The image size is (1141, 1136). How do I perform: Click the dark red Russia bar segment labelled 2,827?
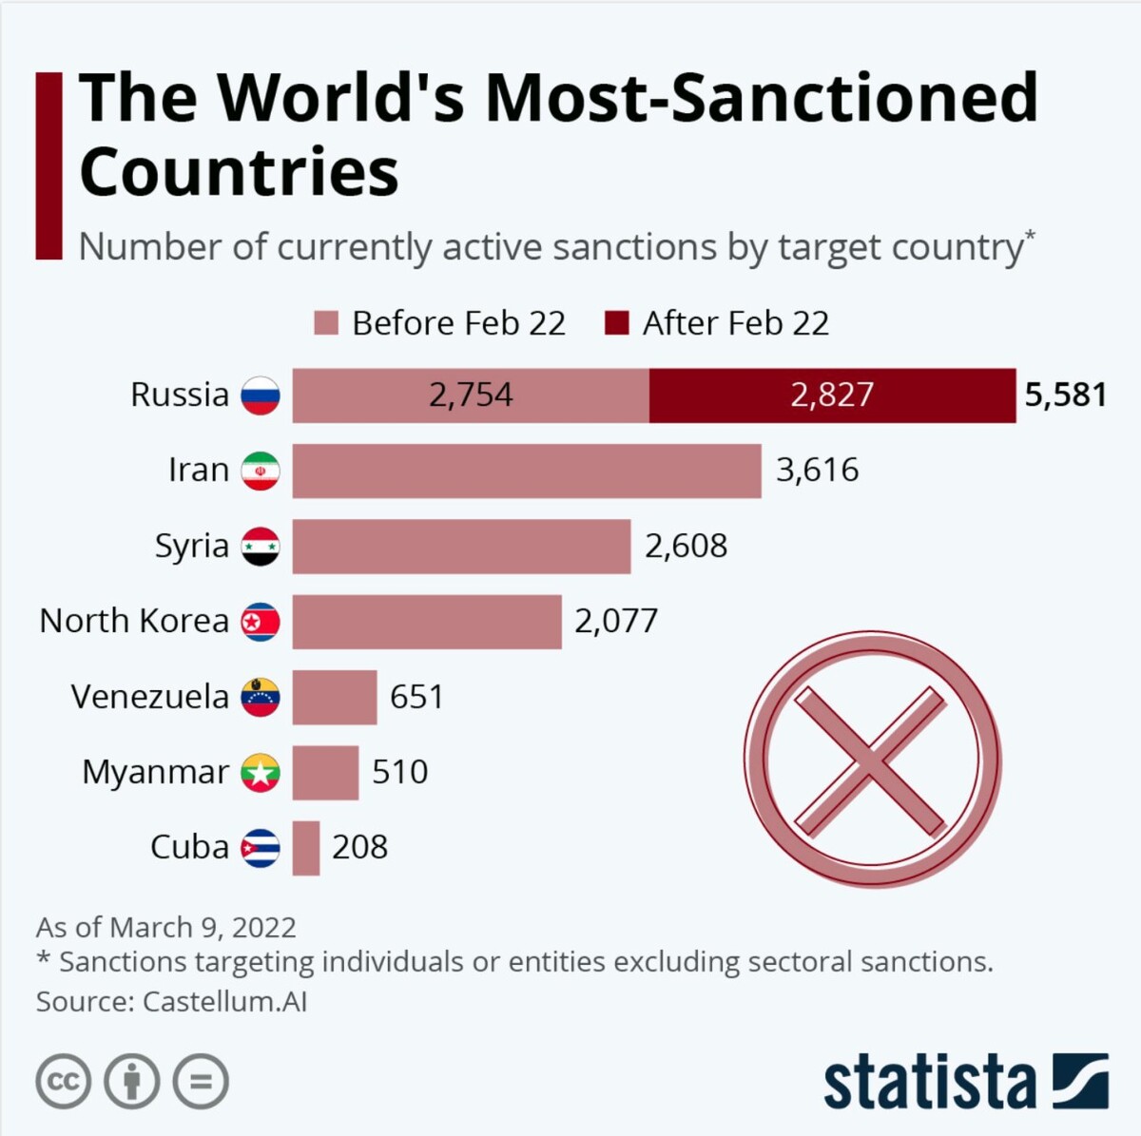pyautogui.click(x=832, y=395)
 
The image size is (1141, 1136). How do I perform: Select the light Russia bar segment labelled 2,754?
pyautogui.click(x=471, y=395)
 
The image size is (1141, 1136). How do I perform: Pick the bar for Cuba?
pyautogui.click(x=305, y=848)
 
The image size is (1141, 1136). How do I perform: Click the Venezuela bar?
pyautogui.click(x=334, y=697)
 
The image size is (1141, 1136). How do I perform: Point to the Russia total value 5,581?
pyautogui.click(x=1065, y=395)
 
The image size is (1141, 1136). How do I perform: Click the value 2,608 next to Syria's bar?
pyautogui.click(x=686, y=546)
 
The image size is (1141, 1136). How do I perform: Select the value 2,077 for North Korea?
pyautogui.click(x=615, y=622)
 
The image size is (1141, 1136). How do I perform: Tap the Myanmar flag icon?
pyautogui.click(x=260, y=773)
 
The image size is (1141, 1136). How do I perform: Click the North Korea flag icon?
pyautogui.click(x=260, y=622)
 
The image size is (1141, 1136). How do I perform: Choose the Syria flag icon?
pyautogui.click(x=260, y=547)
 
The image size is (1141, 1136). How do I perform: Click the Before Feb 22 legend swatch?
pyautogui.click(x=325, y=323)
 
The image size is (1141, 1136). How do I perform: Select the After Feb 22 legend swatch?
pyautogui.click(x=616, y=323)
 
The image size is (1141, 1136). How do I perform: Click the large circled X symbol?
pyautogui.click(x=871, y=761)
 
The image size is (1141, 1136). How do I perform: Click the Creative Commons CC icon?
pyautogui.click(x=63, y=1082)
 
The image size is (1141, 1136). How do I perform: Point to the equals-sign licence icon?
pyautogui.click(x=201, y=1082)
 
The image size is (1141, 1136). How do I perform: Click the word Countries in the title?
pyautogui.click(x=239, y=172)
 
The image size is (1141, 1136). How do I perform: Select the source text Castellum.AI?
pyautogui.click(x=224, y=1001)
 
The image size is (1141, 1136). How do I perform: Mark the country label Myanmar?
pyautogui.click(x=155, y=772)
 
